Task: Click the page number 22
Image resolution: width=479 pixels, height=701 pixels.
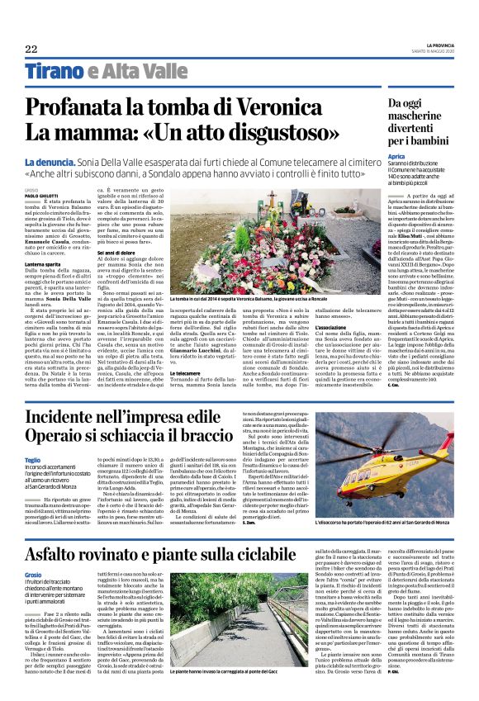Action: (31, 49)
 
